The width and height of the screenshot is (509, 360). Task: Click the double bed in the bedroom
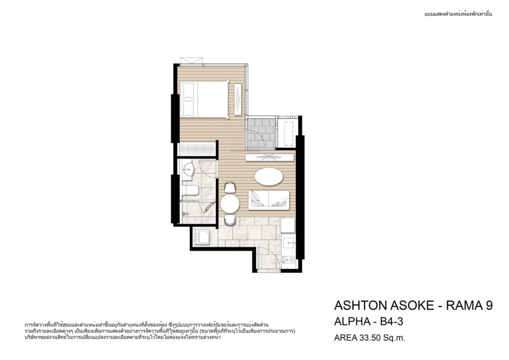[x=205, y=99]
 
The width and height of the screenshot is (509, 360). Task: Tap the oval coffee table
[x=268, y=177]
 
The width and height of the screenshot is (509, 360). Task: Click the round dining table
[x=230, y=203]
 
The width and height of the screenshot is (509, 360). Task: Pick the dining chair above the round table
[x=230, y=187]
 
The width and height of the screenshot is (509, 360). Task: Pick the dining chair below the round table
[x=230, y=220]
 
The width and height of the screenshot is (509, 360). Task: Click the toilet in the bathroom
[x=190, y=190]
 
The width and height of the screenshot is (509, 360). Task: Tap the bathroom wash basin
[x=187, y=170]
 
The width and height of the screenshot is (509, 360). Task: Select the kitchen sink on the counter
[x=289, y=243]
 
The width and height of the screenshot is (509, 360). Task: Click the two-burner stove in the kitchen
[x=289, y=260]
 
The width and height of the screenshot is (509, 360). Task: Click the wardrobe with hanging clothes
[x=198, y=149]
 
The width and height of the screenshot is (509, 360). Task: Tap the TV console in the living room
[x=270, y=158]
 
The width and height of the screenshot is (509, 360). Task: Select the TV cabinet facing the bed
[x=238, y=99]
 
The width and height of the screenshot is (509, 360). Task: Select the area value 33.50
[x=369, y=338]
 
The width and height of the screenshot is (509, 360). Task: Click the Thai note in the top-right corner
[x=458, y=14]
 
